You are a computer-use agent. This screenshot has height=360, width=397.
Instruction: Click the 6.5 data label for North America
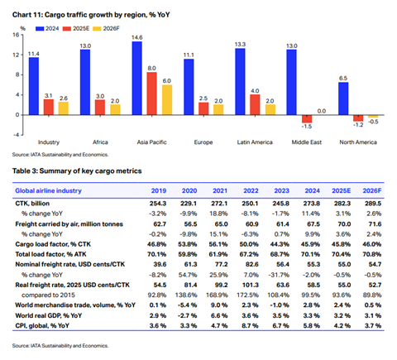[x=345, y=78]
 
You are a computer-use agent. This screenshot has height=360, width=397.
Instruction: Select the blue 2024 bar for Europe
[x=189, y=87]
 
